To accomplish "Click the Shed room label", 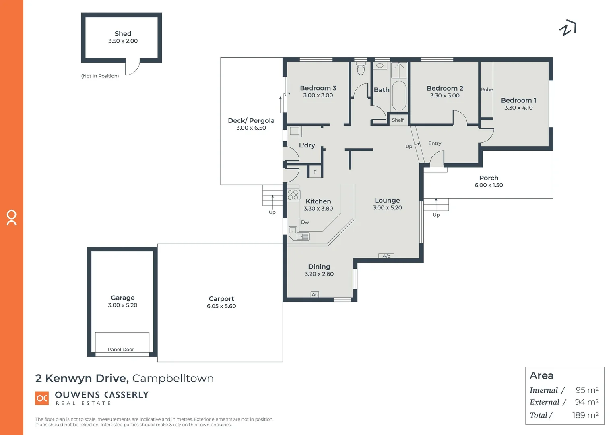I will pyautogui.click(x=123, y=34).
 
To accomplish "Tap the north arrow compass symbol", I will pyautogui.click(x=568, y=28).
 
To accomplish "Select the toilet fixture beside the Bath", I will pyautogui.click(x=361, y=69).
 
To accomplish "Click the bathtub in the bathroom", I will pyautogui.click(x=399, y=95).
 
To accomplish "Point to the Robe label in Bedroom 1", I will pyautogui.click(x=487, y=89).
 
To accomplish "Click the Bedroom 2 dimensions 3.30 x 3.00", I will pyautogui.click(x=445, y=96).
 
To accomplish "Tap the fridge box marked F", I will pyautogui.click(x=315, y=172).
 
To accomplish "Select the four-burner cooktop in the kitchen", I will pyautogui.click(x=293, y=195).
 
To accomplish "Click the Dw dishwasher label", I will pyautogui.click(x=305, y=222).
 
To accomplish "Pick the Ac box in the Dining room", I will pyautogui.click(x=315, y=294).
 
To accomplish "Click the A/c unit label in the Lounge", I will pyautogui.click(x=386, y=256).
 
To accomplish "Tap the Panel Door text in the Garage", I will pyautogui.click(x=121, y=349).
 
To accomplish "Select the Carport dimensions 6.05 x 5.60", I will pyautogui.click(x=221, y=306).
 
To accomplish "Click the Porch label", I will pyautogui.click(x=489, y=178).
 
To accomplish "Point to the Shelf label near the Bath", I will pyautogui.click(x=398, y=120).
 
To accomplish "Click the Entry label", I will pyautogui.click(x=435, y=143).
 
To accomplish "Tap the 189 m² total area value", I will pyautogui.click(x=585, y=415).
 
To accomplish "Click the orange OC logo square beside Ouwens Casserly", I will pyautogui.click(x=42, y=398).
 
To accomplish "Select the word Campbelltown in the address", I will pyautogui.click(x=173, y=379).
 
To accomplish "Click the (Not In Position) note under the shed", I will pyautogui.click(x=100, y=76).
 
